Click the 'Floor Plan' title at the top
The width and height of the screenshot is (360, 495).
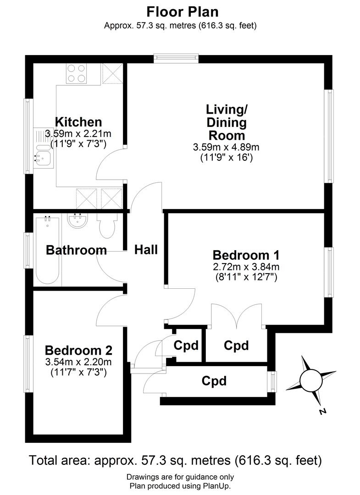(180, 11)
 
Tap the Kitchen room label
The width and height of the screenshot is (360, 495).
(78, 122)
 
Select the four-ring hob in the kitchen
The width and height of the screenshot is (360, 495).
(77, 73)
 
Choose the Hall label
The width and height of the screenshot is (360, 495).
(146, 250)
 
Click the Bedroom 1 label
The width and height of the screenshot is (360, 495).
(246, 255)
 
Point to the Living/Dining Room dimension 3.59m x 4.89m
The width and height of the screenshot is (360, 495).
(227, 147)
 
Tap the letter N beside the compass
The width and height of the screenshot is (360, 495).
(322, 412)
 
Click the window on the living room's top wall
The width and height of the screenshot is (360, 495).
(176, 58)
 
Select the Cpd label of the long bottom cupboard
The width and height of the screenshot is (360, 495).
(215, 381)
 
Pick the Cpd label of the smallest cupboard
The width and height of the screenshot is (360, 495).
(186, 345)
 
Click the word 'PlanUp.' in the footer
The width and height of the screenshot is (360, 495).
(217, 486)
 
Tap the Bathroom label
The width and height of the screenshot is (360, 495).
(77, 250)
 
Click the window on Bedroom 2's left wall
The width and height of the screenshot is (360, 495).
(28, 363)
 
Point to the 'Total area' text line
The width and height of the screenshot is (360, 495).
(176, 460)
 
